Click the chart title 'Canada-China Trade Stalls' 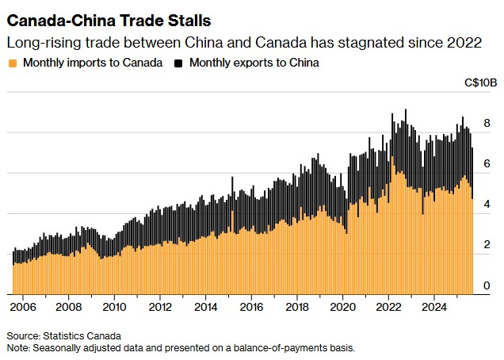click(x=109, y=17)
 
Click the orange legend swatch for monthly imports click(x=11, y=63)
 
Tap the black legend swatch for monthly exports click(x=178, y=63)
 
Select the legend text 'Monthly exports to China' click(x=252, y=63)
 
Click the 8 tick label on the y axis click(x=487, y=123)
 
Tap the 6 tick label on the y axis click(x=487, y=163)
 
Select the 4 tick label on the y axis click(x=487, y=205)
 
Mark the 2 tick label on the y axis click(x=487, y=245)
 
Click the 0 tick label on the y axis click(x=487, y=285)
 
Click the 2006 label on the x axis click(x=24, y=306)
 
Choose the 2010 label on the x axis click(x=114, y=306)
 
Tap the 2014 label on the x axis click(x=205, y=306)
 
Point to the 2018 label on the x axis click(x=297, y=306)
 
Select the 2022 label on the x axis click(x=389, y=306)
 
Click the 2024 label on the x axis click(x=434, y=306)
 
